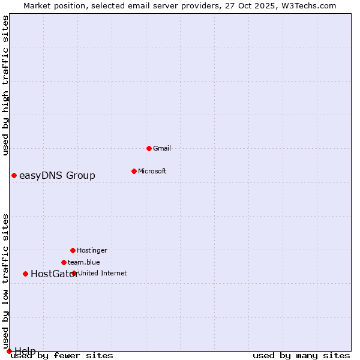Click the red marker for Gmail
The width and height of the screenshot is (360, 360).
pyautogui.click(x=149, y=148)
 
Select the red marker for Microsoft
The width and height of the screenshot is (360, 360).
pyautogui.click(x=134, y=171)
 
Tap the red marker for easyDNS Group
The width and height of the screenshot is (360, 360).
pyautogui.click(x=14, y=175)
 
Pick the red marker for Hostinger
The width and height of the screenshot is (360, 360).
pyautogui.click(x=73, y=250)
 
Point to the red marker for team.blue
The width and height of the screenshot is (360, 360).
pyautogui.click(x=64, y=262)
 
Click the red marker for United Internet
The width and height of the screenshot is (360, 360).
pyautogui.click(x=74, y=273)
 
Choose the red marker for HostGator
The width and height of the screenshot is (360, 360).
pyautogui.click(x=25, y=274)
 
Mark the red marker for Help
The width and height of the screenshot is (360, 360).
pyautogui.click(x=9, y=351)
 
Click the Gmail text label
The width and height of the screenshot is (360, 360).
pyautogui.click(x=162, y=148)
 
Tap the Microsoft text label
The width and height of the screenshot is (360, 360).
pyautogui.click(x=152, y=171)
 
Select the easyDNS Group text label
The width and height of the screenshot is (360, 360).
pyautogui.click(x=57, y=175)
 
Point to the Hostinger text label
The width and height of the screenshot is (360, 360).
pyautogui.click(x=92, y=250)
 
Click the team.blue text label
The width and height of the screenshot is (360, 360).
pyautogui.click(x=84, y=262)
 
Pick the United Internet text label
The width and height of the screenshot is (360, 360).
pyautogui.click(x=103, y=273)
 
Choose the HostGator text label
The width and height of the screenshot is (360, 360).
pyautogui.click(x=54, y=274)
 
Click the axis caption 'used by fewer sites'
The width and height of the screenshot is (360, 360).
pyautogui.click(x=62, y=355)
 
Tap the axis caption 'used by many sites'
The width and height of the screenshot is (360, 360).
pyautogui.click(x=301, y=355)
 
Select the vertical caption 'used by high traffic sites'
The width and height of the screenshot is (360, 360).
pyautogui.click(x=5, y=85)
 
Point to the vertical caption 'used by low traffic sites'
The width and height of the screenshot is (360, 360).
pyautogui.click(x=5, y=281)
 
